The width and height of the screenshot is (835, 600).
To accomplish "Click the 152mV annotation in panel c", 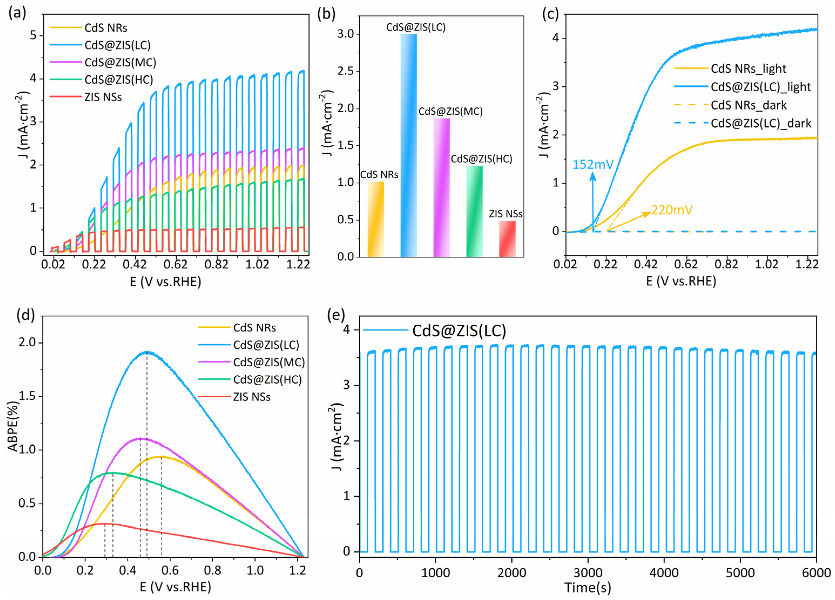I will click(x=593, y=164).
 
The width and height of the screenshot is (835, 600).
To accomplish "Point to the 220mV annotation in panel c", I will click(x=671, y=210).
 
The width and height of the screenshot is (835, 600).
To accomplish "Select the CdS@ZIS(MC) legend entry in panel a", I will click(x=120, y=62).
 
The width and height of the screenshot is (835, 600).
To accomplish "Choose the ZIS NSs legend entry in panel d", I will click(x=252, y=397).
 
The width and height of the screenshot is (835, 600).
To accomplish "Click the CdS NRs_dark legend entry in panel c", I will click(x=748, y=105).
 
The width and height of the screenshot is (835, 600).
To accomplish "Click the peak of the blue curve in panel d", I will click(x=147, y=351).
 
